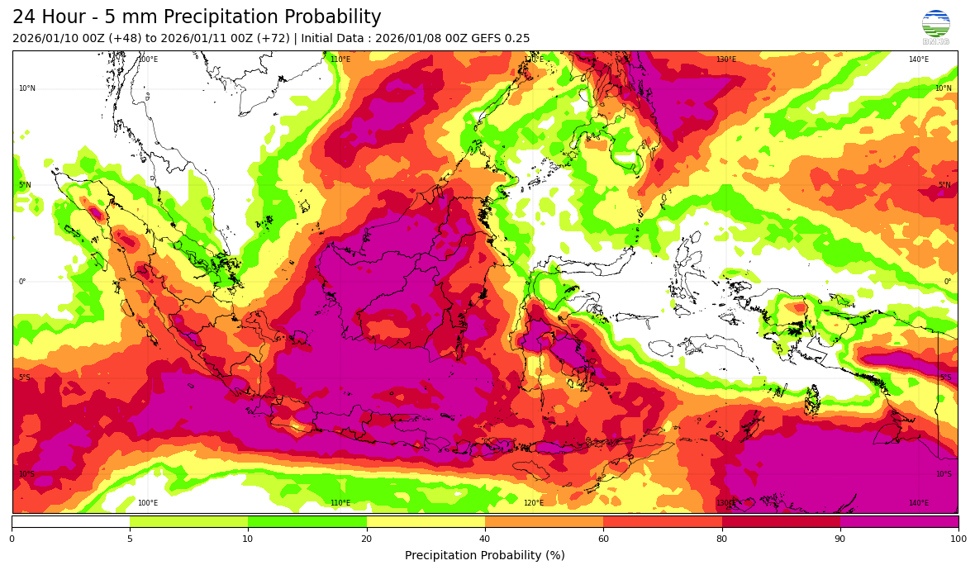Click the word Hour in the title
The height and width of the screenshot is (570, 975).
[x=76, y=17]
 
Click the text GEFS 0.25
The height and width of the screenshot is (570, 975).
[x=501, y=39]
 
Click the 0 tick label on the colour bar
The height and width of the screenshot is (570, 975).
[x=12, y=539]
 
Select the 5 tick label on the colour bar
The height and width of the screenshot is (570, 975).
[x=130, y=539]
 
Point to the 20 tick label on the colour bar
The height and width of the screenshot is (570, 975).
[x=367, y=539]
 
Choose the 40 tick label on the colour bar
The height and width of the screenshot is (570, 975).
[x=485, y=539]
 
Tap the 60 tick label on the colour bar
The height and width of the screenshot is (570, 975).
[x=603, y=539]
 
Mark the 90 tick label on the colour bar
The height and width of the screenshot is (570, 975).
[x=840, y=539]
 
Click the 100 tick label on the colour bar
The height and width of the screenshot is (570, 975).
[x=958, y=539]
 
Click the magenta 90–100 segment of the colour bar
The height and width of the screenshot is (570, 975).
[x=899, y=522]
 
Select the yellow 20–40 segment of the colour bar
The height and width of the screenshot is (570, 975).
[x=426, y=522]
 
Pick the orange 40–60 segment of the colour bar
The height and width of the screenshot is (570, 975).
[x=544, y=522]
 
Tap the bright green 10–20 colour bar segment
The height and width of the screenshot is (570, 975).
[x=307, y=522]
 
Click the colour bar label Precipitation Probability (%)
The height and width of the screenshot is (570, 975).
[x=485, y=555]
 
